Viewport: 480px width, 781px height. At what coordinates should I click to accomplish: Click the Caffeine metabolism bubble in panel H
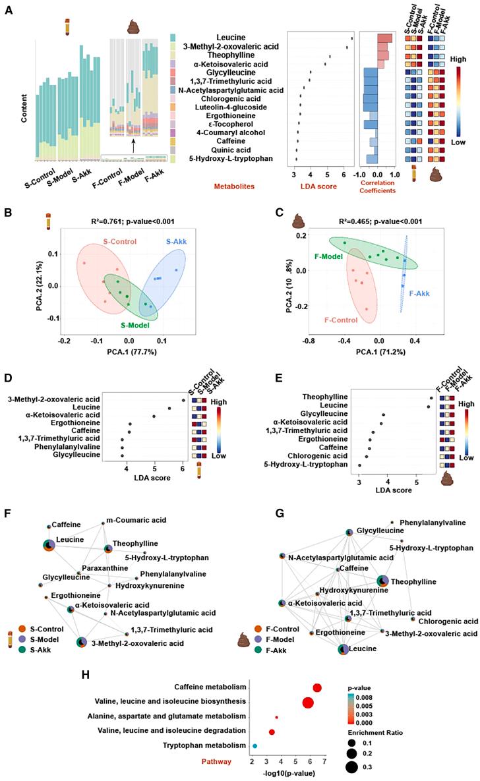point(317,687)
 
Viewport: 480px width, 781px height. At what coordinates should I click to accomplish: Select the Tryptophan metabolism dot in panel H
point(255,745)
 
